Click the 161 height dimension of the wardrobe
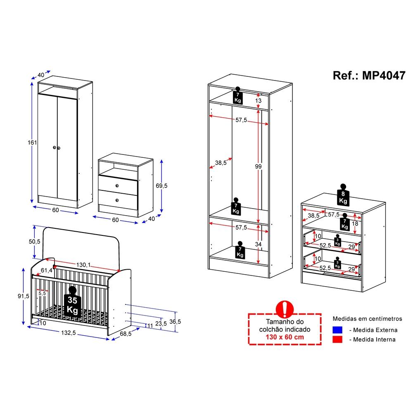tap(33, 142)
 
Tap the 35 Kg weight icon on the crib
tap(73, 305)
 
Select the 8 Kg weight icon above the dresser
tap(343, 195)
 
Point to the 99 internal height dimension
tap(259, 166)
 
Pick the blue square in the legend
tap(337, 330)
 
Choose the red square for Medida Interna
tap(337, 339)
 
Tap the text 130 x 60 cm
tap(285, 337)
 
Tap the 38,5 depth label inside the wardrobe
tap(221, 163)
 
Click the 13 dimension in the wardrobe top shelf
tap(258, 101)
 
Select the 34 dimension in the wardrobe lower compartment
tap(258, 244)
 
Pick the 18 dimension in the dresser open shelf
tap(355, 223)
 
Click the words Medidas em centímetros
tap(367, 319)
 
